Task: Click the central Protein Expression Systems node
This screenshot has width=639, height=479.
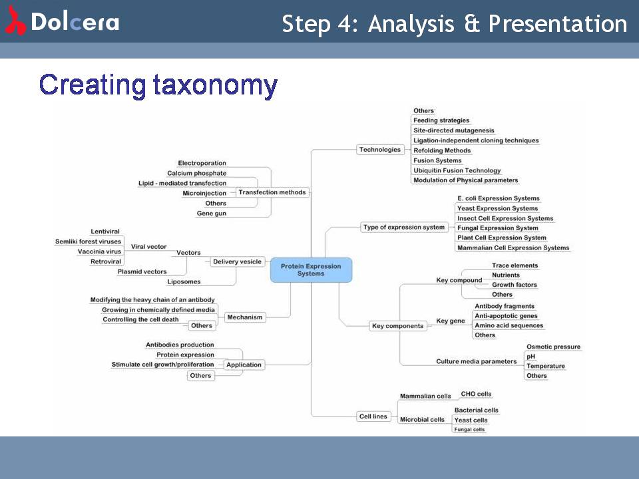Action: click(x=311, y=269)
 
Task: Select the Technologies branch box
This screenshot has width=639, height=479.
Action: click(x=380, y=150)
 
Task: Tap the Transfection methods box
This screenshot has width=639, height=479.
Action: click(x=272, y=192)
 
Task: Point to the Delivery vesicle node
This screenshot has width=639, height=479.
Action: click(x=238, y=261)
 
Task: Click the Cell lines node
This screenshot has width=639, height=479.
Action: click(x=373, y=416)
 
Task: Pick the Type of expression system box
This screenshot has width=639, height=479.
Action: click(x=404, y=227)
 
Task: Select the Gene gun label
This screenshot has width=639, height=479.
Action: click(x=211, y=213)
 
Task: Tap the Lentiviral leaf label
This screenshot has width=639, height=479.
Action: click(x=105, y=232)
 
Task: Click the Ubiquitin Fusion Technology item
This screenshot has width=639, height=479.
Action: click(x=457, y=170)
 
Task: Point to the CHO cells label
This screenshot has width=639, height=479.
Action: click(x=476, y=394)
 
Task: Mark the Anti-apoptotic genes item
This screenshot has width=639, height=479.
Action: click(x=506, y=316)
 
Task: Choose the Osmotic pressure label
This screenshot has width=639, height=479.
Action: click(x=553, y=347)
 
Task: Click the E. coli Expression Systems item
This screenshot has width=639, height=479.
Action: click(x=499, y=198)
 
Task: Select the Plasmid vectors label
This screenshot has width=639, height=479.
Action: click(x=142, y=271)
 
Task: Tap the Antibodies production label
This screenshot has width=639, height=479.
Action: click(x=180, y=345)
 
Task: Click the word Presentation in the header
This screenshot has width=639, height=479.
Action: click(x=558, y=23)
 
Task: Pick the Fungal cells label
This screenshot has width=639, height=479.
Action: click(x=469, y=429)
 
